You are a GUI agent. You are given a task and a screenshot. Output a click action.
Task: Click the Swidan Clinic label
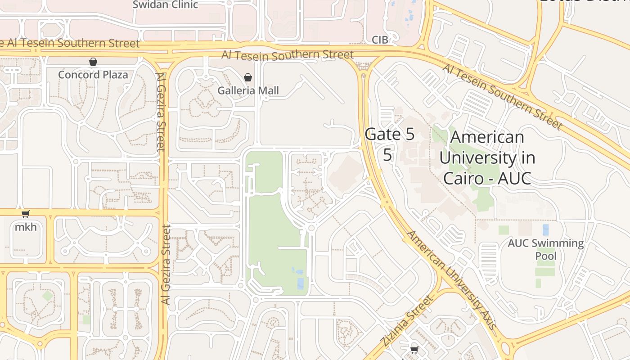165,5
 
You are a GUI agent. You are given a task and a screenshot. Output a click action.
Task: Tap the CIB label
380,40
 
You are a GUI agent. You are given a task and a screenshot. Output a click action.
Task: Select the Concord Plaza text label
93,75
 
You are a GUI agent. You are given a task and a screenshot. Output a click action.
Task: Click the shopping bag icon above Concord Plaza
93,62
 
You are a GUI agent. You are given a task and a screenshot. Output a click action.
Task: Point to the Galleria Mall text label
248,90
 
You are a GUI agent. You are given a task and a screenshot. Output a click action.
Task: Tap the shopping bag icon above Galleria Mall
247,77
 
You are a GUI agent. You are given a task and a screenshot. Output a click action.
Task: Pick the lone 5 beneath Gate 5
387,154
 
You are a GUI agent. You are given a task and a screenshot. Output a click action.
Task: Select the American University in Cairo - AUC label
487,157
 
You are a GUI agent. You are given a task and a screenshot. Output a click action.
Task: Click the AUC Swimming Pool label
545,250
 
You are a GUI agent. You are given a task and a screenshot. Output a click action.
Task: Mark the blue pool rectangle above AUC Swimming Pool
545,230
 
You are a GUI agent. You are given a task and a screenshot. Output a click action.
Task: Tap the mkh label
26,227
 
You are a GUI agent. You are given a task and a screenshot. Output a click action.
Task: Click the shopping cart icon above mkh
26,214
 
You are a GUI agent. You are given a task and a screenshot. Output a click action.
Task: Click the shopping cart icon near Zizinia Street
414,350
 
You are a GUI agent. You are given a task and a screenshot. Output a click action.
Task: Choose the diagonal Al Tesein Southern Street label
502,96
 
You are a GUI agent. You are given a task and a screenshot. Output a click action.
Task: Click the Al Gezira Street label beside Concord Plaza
161,112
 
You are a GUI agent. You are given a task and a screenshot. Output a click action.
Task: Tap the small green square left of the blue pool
504,230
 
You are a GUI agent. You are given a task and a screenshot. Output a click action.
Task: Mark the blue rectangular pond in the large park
300,283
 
